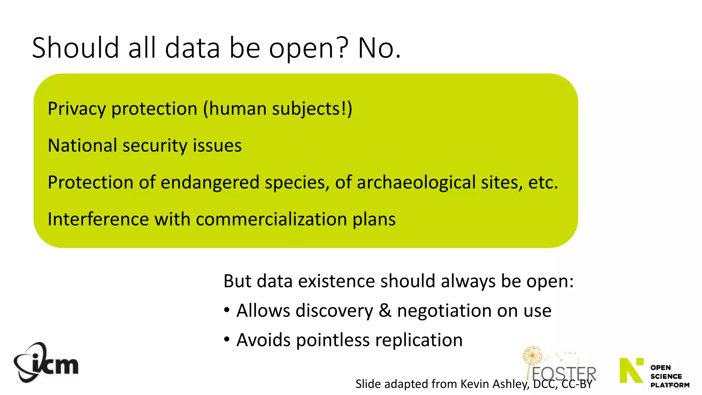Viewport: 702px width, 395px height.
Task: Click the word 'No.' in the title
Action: pyautogui.click(x=379, y=48)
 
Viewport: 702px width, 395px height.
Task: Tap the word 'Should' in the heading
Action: pyautogui.click(x=75, y=48)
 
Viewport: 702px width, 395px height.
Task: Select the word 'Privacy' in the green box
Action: pyautogui.click(x=77, y=109)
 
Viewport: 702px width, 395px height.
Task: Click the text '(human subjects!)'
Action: pyautogui.click(x=278, y=109)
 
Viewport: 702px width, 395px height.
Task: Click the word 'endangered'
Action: pyautogui.click(x=210, y=182)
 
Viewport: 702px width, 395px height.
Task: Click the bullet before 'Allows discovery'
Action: pyautogui.click(x=227, y=310)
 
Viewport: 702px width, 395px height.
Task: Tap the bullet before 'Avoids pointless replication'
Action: pyautogui.click(x=227, y=339)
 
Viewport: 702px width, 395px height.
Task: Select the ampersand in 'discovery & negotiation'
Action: pyautogui.click(x=385, y=311)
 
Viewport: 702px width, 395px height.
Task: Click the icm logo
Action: pyautogui.click(x=46, y=363)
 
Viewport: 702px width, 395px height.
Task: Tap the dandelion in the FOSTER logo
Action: pyautogui.click(x=532, y=357)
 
